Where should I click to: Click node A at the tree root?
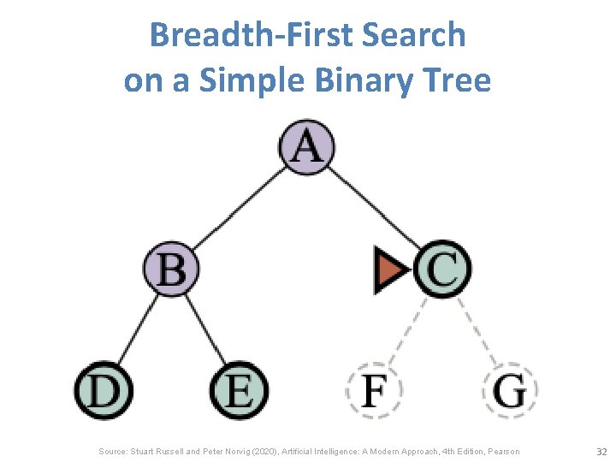point(307,146)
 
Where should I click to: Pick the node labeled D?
point(103,391)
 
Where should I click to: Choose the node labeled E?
point(240,391)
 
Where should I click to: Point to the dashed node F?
point(374,391)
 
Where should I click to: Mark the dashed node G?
point(511,391)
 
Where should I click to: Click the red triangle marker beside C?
point(390,269)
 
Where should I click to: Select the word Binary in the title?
point(358,80)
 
